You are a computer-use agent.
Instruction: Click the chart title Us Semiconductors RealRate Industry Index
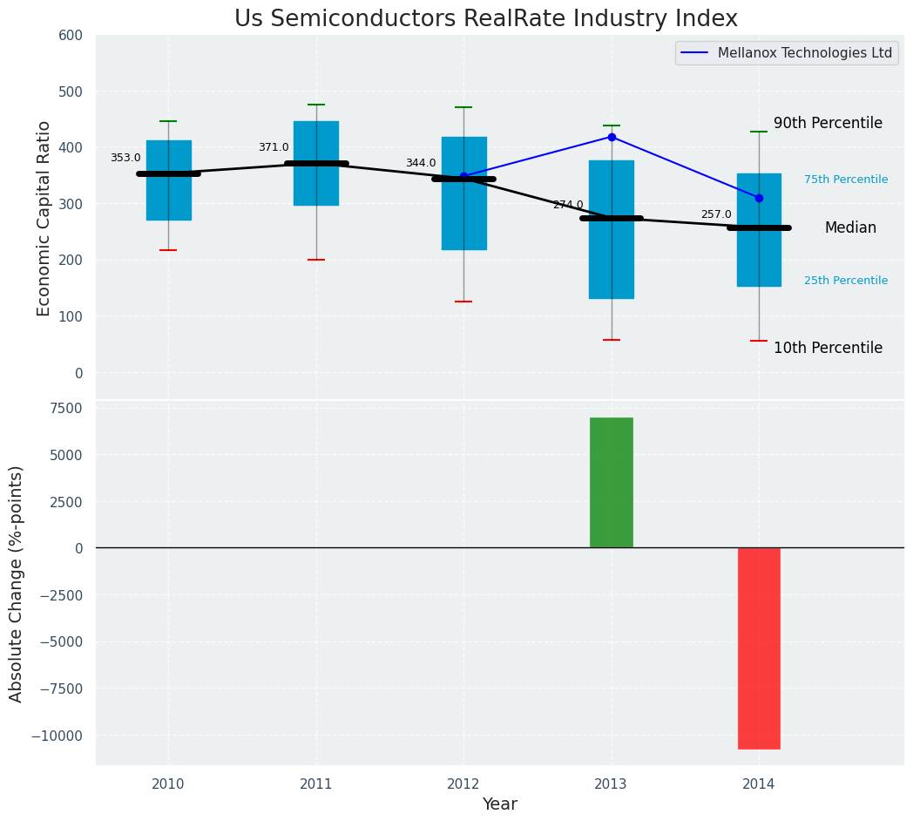[485, 19]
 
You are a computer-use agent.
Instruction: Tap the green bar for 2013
[611, 482]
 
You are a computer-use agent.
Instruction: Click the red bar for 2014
[759, 648]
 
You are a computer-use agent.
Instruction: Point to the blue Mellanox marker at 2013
[612, 137]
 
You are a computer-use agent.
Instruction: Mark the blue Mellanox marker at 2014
[759, 198]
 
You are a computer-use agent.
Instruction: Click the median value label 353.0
[125, 158]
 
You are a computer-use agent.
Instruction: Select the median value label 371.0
[274, 147]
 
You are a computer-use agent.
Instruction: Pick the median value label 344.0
[421, 163]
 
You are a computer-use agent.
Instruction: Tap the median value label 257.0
[716, 214]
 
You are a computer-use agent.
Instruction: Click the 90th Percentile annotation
[828, 124]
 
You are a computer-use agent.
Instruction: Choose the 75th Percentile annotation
[846, 180]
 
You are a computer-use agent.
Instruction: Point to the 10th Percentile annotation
[828, 348]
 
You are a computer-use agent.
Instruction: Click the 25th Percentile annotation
[846, 281]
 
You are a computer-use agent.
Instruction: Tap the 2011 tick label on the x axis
[316, 784]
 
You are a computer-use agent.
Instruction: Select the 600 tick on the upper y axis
[71, 36]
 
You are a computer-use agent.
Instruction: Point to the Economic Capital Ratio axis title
[44, 217]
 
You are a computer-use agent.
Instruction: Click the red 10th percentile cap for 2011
[316, 260]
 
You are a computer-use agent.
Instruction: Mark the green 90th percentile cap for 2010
[168, 121]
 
